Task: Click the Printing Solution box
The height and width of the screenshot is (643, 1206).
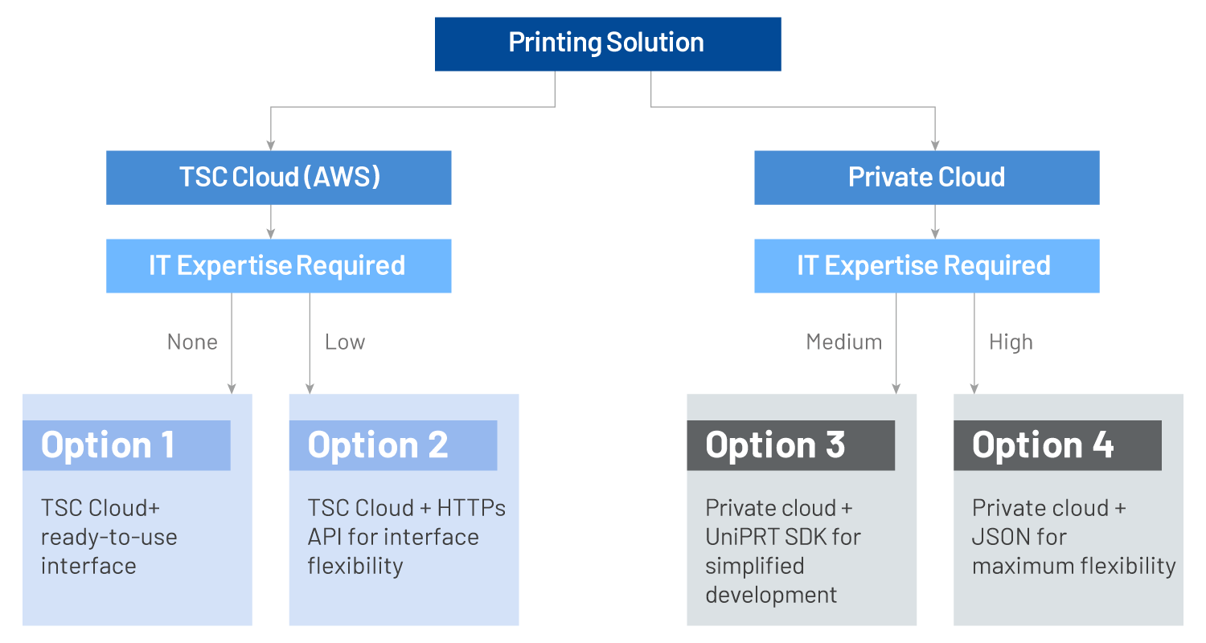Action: (607, 43)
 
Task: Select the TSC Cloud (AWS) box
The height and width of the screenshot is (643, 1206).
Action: (279, 177)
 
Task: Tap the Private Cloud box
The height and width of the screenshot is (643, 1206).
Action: (926, 177)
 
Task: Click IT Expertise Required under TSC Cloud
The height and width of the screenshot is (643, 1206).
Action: (277, 265)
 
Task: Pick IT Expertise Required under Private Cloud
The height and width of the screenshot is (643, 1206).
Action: (925, 265)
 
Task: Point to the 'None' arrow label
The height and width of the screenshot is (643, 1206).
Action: (192, 342)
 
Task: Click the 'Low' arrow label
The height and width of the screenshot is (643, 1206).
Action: (345, 342)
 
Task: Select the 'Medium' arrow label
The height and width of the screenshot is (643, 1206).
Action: (843, 342)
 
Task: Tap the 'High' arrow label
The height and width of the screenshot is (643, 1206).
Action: (1011, 342)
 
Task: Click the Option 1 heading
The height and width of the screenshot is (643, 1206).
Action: (109, 445)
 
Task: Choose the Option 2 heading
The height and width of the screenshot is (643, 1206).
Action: (378, 445)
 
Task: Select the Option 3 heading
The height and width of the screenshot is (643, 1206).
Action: (775, 445)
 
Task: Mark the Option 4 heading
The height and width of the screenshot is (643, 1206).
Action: (1043, 445)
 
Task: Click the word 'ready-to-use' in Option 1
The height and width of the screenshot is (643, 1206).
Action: (109, 538)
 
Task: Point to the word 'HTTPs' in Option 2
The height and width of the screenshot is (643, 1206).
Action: (471, 509)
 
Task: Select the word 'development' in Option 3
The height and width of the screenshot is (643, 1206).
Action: (771, 596)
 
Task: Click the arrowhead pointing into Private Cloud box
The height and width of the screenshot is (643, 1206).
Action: (934, 145)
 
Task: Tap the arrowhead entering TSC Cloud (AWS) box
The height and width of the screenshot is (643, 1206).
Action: (271, 145)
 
